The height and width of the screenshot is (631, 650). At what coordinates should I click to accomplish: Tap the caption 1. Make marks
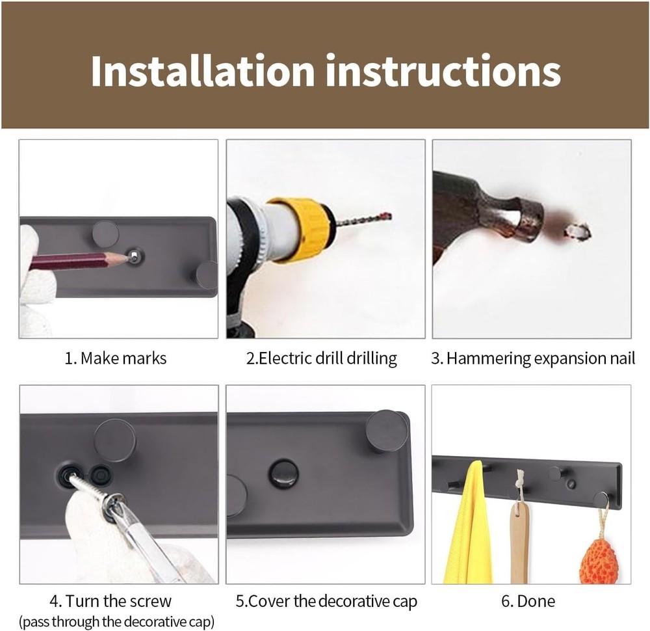tap(116, 358)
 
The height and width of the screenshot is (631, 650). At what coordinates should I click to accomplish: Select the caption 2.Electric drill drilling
tap(322, 358)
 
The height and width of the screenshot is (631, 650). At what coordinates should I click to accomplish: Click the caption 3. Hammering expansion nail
tap(533, 358)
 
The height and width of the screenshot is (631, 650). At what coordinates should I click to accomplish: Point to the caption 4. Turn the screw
tap(110, 601)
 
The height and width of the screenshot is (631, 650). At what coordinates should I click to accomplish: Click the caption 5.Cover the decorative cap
tap(326, 601)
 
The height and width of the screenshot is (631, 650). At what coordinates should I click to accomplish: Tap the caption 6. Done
tap(527, 601)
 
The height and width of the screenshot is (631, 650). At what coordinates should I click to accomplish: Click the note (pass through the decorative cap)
tap(116, 621)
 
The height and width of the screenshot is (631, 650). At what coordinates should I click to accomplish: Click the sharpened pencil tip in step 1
tap(123, 258)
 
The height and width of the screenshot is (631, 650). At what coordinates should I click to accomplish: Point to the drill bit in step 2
tap(364, 220)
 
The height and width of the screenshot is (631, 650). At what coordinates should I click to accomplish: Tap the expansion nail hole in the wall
tap(577, 230)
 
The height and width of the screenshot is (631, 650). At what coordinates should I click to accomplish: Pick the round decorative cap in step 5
tap(284, 474)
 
